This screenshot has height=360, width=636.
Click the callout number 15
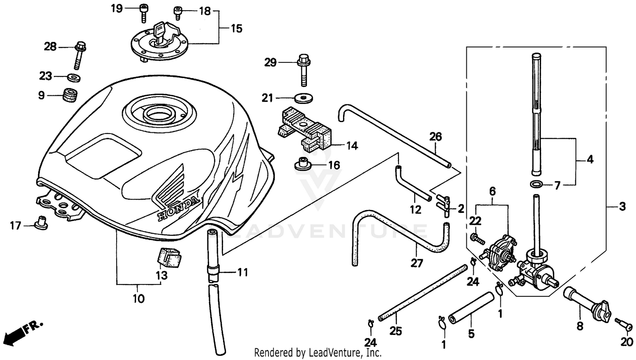[237, 28]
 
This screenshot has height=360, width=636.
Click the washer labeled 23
[74, 78]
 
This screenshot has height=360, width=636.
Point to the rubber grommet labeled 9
[70, 95]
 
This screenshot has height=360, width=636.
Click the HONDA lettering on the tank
[178, 208]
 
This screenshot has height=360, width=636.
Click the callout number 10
[139, 299]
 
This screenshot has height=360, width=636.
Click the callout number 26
[435, 137]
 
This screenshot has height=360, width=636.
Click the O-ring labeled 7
[536, 184]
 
